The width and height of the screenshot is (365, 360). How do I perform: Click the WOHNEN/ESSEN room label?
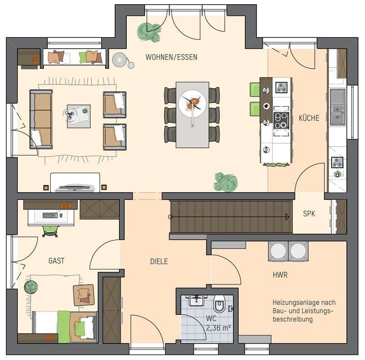pyautogui.click(x=172, y=57)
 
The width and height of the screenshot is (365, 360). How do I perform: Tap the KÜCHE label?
pyautogui.click(x=309, y=118)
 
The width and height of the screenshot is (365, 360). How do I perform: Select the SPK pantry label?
pyautogui.click(x=309, y=214)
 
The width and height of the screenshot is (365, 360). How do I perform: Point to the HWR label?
pyautogui.click(x=280, y=275)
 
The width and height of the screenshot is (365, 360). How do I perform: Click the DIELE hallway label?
pyautogui.click(x=159, y=261)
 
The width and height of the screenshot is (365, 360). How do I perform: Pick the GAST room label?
pyautogui.click(x=56, y=261)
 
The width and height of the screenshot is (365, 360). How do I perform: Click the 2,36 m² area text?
pyautogui.click(x=219, y=328)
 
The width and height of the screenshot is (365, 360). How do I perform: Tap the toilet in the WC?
pyautogui.click(x=219, y=303)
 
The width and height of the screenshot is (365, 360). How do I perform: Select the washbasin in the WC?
pyautogui.click(x=197, y=300)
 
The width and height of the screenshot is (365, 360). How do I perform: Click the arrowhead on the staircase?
pyautogui.click(x=287, y=217)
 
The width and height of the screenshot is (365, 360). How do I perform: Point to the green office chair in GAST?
pyautogui.click(x=50, y=231)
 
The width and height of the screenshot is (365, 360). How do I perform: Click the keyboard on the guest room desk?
pyautogui.click(x=50, y=215)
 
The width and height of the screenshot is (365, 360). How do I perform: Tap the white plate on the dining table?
pyautogui.click(x=193, y=104)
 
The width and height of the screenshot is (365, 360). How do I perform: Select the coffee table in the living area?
pyautogui.click(x=78, y=116)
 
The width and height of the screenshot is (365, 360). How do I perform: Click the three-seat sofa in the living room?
pyautogui.click(x=41, y=119)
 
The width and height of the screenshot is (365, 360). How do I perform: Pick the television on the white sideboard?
pyautogui.click(x=75, y=188)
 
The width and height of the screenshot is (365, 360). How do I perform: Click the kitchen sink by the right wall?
pyautogui.click(x=338, y=107)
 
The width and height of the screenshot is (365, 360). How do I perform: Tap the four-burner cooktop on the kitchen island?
pyautogui.click(x=281, y=120)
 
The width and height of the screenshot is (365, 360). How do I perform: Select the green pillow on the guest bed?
pyautogui.click(x=80, y=328)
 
